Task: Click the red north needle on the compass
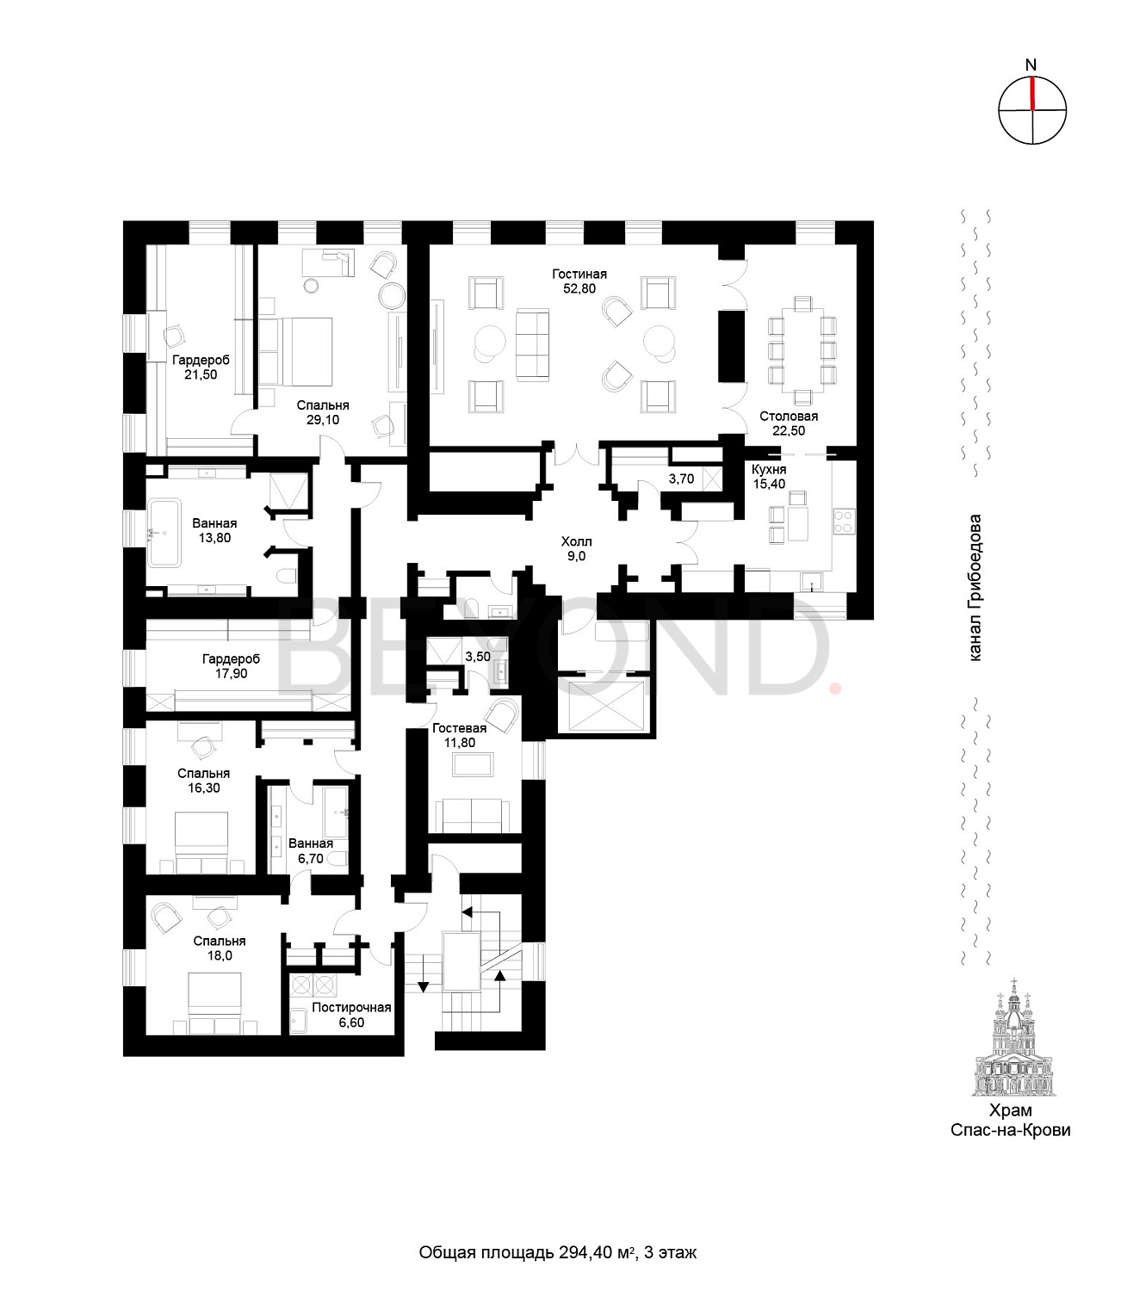[x=1032, y=94]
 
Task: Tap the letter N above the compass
[x=1031, y=65]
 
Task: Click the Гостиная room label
[x=579, y=274]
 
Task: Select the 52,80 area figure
[x=579, y=289]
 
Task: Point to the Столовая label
[x=789, y=417]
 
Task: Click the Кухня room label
[x=769, y=469]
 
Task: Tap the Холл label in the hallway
[x=576, y=541]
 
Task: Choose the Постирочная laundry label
[x=351, y=1008]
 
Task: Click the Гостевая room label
[x=460, y=728]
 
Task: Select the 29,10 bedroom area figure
[x=323, y=420]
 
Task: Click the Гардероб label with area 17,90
[x=231, y=658]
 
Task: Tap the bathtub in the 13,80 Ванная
[x=164, y=532]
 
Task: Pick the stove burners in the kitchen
[x=843, y=522]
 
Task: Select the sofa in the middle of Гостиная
[x=532, y=344]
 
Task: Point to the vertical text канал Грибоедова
[x=975, y=588]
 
